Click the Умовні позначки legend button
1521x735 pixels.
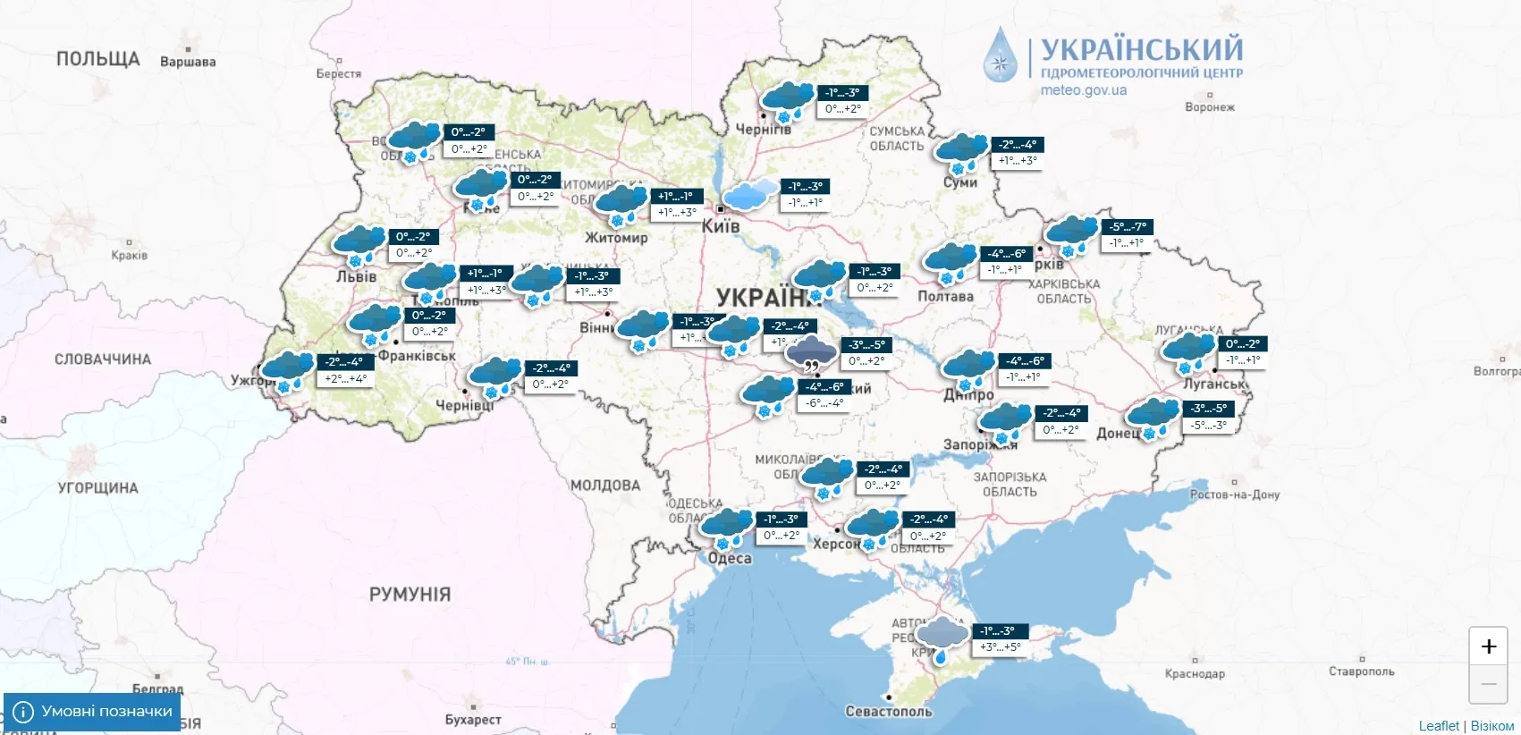(92, 712)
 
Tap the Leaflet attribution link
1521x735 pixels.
(1438, 726)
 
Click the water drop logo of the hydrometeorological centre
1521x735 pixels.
(1001, 55)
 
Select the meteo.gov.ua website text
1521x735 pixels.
(1083, 90)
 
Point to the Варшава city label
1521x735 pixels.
(188, 62)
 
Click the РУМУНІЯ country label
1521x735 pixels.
(410, 595)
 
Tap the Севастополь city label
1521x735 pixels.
(889, 712)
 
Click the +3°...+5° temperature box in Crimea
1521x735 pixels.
(1000, 647)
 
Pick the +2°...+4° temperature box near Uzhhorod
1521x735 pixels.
(345, 379)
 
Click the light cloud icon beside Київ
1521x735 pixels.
(750, 194)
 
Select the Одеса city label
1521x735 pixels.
(730, 559)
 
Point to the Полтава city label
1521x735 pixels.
(945, 297)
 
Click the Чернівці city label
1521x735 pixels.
(464, 405)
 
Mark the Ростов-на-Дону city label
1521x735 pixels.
(1235, 494)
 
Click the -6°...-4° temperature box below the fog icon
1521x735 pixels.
(824, 403)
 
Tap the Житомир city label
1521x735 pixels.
(616, 238)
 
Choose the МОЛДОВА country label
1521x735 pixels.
(605, 486)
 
